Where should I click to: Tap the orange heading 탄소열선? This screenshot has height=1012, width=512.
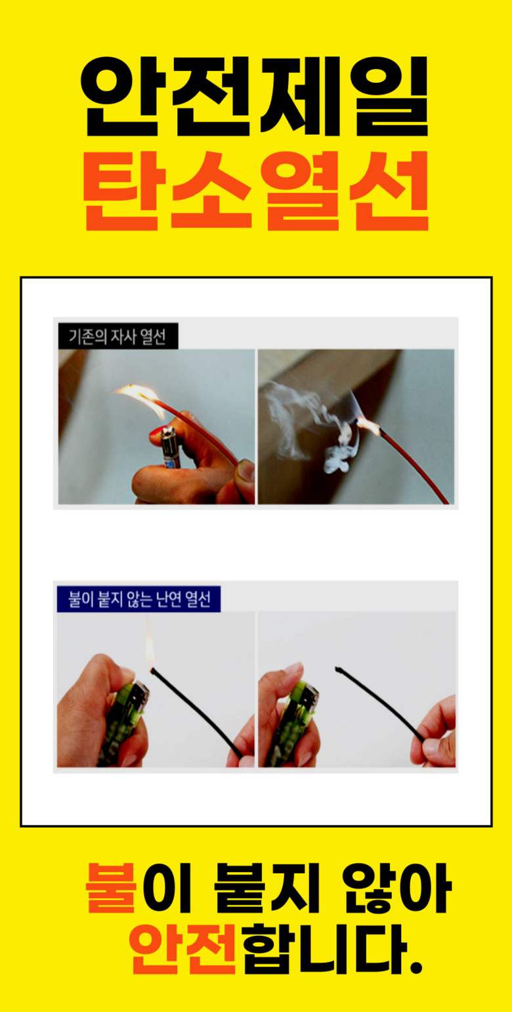click(255, 190)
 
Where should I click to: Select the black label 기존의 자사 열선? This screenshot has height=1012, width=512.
click(118, 336)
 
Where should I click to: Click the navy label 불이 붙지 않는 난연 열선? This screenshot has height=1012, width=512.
click(139, 599)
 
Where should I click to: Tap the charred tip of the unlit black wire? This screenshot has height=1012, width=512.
click(337, 669)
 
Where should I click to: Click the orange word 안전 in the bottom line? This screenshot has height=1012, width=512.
click(182, 948)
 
